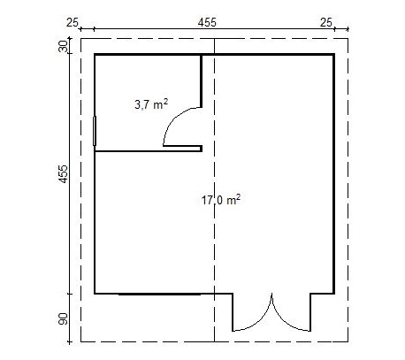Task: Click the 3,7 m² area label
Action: click(x=151, y=104)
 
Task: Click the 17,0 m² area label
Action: click(x=221, y=200)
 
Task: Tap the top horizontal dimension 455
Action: click(x=207, y=23)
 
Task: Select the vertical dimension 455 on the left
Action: click(x=64, y=174)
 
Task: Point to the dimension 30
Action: click(x=63, y=46)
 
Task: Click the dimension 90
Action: click(x=63, y=318)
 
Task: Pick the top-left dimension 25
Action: click(x=73, y=23)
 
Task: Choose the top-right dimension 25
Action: click(x=326, y=23)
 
